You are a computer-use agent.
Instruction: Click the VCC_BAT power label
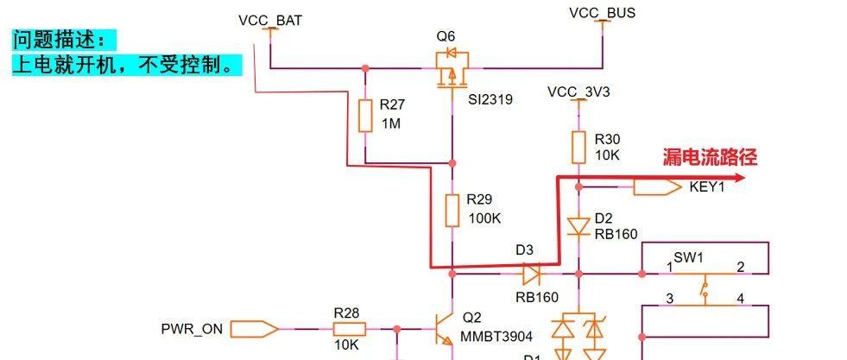[x=270, y=20]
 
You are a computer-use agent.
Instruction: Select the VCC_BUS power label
[x=602, y=13]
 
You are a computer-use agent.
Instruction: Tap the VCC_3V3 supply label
[x=578, y=92]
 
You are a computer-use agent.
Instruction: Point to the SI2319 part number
[x=490, y=99]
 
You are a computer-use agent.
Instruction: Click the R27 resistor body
[x=365, y=115]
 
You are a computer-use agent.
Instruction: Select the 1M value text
[x=391, y=123]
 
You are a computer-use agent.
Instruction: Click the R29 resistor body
[x=452, y=210]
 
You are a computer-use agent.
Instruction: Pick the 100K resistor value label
[x=484, y=218]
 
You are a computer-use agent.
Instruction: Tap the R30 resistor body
[x=578, y=147]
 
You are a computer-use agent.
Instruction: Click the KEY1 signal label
[x=706, y=186]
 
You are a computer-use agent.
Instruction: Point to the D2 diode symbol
[x=578, y=226]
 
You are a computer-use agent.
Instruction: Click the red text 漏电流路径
[x=710, y=157]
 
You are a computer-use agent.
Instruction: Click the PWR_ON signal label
[x=192, y=328]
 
